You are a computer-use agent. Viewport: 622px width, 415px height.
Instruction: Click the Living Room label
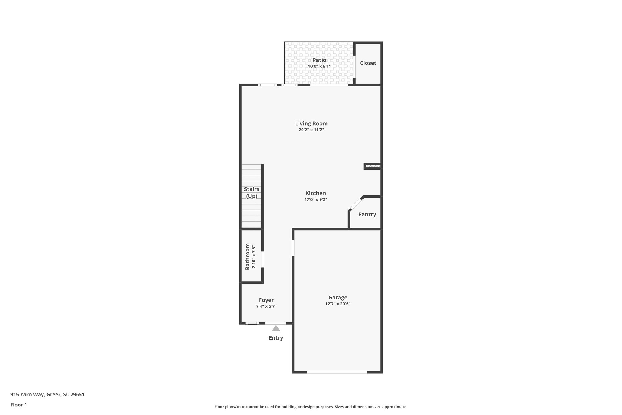point(311,123)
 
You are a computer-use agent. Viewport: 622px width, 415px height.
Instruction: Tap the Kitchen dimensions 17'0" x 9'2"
point(316,200)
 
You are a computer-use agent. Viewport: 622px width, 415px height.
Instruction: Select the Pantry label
point(367,214)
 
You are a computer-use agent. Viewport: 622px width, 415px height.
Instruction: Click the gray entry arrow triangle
point(276,328)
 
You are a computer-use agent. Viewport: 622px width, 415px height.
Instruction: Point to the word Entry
point(276,338)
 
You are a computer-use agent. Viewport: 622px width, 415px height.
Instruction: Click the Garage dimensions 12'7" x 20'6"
point(338,304)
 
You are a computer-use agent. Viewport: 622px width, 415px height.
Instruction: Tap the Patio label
point(319,60)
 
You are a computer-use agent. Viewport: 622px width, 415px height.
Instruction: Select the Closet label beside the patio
point(368,63)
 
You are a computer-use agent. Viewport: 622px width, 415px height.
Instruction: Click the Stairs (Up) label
point(251,192)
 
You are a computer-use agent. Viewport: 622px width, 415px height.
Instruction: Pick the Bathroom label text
point(248,256)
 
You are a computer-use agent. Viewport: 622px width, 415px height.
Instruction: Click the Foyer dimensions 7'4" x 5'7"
point(266,306)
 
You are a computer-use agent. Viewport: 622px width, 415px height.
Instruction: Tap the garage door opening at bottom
point(337,372)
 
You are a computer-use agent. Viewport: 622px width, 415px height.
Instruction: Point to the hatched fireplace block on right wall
point(373,166)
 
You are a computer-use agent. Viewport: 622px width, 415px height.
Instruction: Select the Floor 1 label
point(19,405)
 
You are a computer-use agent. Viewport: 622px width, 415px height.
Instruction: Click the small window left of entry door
point(252,323)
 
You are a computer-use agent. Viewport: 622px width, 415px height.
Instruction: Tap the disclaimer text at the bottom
point(311,407)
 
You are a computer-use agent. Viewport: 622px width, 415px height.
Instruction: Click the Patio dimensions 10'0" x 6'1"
point(319,66)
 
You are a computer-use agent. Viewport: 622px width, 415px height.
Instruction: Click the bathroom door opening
point(262,259)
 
